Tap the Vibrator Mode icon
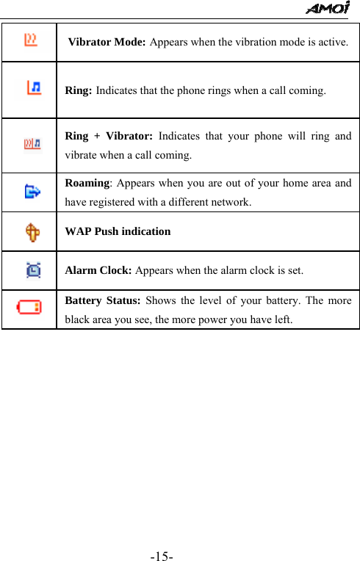[31, 40]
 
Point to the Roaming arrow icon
[31, 192]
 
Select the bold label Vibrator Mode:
[107, 42]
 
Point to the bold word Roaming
[87, 184]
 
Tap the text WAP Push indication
[118, 231]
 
